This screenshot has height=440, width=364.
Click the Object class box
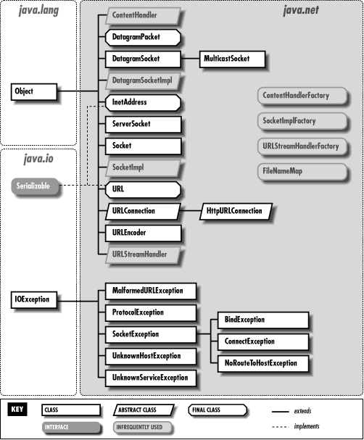pyautogui.click(x=33, y=91)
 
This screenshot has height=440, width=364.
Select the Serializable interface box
pyautogui.click(x=33, y=186)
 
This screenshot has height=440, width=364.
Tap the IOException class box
pyautogui.click(x=33, y=298)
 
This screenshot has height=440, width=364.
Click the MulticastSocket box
pyautogui.click(x=233, y=57)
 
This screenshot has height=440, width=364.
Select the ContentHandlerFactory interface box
pyautogui.click(x=301, y=96)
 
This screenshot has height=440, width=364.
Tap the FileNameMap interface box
pyautogui.click(x=301, y=171)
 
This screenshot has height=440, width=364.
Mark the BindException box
pyautogui.click(x=261, y=319)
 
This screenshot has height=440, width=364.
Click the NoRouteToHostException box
pyautogui.click(x=261, y=362)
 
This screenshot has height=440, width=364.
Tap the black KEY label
pyautogui.click(x=20, y=409)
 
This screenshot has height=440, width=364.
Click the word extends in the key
pyautogui.click(x=302, y=411)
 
